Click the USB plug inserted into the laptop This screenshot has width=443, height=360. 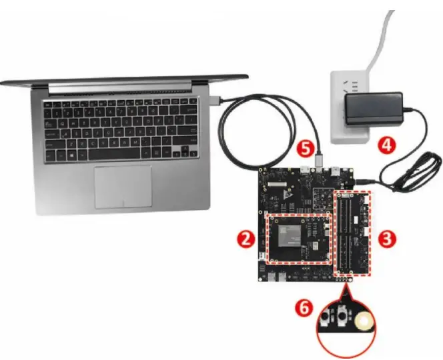tap(215, 101)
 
